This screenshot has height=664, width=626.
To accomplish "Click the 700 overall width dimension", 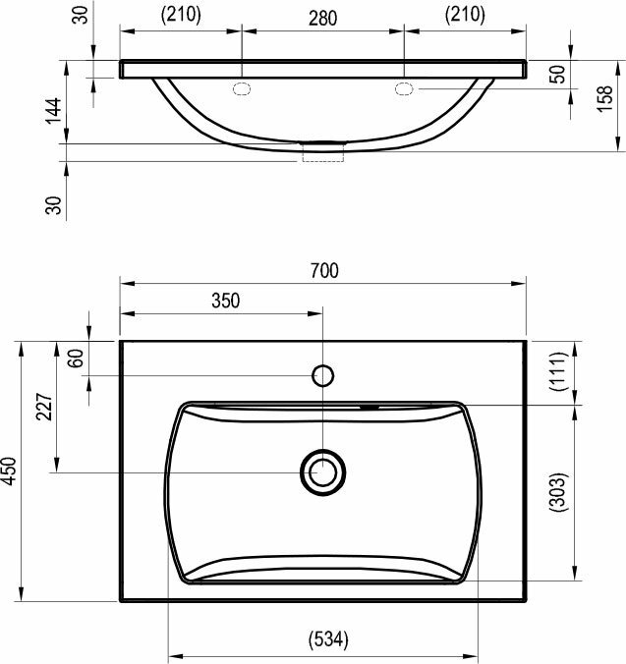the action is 324,271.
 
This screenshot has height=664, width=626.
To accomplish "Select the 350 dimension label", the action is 226,301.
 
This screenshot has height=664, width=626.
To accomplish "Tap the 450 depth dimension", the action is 9,470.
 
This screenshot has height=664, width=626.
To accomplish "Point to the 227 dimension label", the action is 44,407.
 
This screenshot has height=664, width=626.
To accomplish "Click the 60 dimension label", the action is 76,359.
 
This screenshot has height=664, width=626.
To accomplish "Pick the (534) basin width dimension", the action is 328,639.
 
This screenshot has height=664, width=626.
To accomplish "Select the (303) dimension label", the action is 558,492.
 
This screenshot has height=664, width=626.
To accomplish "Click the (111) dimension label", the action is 558,372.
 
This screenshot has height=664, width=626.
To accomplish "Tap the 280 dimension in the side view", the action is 322,19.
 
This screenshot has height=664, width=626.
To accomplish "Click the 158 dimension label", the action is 605,98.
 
